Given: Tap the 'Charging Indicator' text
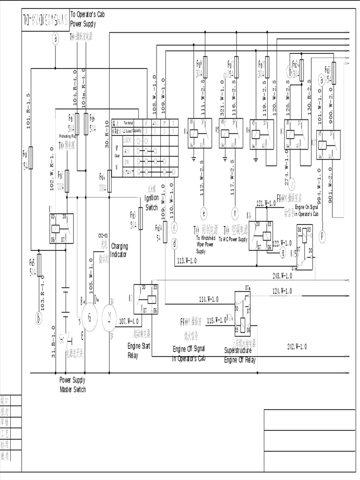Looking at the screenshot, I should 119,250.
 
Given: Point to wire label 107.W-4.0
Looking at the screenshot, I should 128,321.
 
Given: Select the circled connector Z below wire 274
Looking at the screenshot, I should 292,183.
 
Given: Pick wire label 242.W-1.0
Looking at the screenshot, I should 297,346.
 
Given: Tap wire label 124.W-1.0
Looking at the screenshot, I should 282,291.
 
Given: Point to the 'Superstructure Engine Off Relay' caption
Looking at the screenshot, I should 240,355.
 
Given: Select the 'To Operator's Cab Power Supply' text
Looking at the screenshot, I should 87,19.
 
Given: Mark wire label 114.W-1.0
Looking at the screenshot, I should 209,299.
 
